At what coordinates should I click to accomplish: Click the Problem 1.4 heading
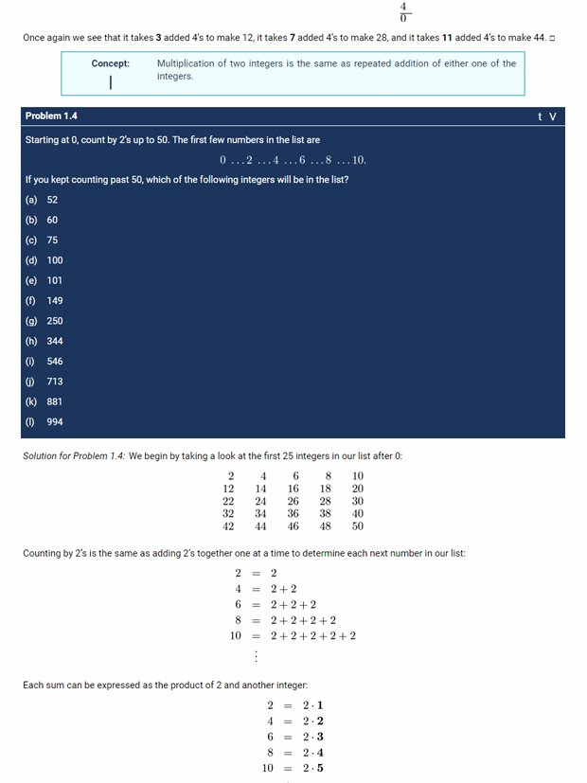(51, 116)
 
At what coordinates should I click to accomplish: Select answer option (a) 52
(43, 200)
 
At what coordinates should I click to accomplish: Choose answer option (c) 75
(43, 240)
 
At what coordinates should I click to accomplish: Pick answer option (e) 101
(44, 280)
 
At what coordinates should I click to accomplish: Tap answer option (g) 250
(44, 321)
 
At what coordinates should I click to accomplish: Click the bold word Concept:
(111, 63)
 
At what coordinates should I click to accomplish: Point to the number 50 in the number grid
(357, 525)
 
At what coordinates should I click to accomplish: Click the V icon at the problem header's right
(553, 116)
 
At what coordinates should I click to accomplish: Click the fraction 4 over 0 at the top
(404, 11)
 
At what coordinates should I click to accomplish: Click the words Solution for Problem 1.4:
(74, 456)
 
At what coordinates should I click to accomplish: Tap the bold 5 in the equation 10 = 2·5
(320, 768)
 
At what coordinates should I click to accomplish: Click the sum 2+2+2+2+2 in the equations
(313, 635)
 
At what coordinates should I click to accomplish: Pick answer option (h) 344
(44, 341)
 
